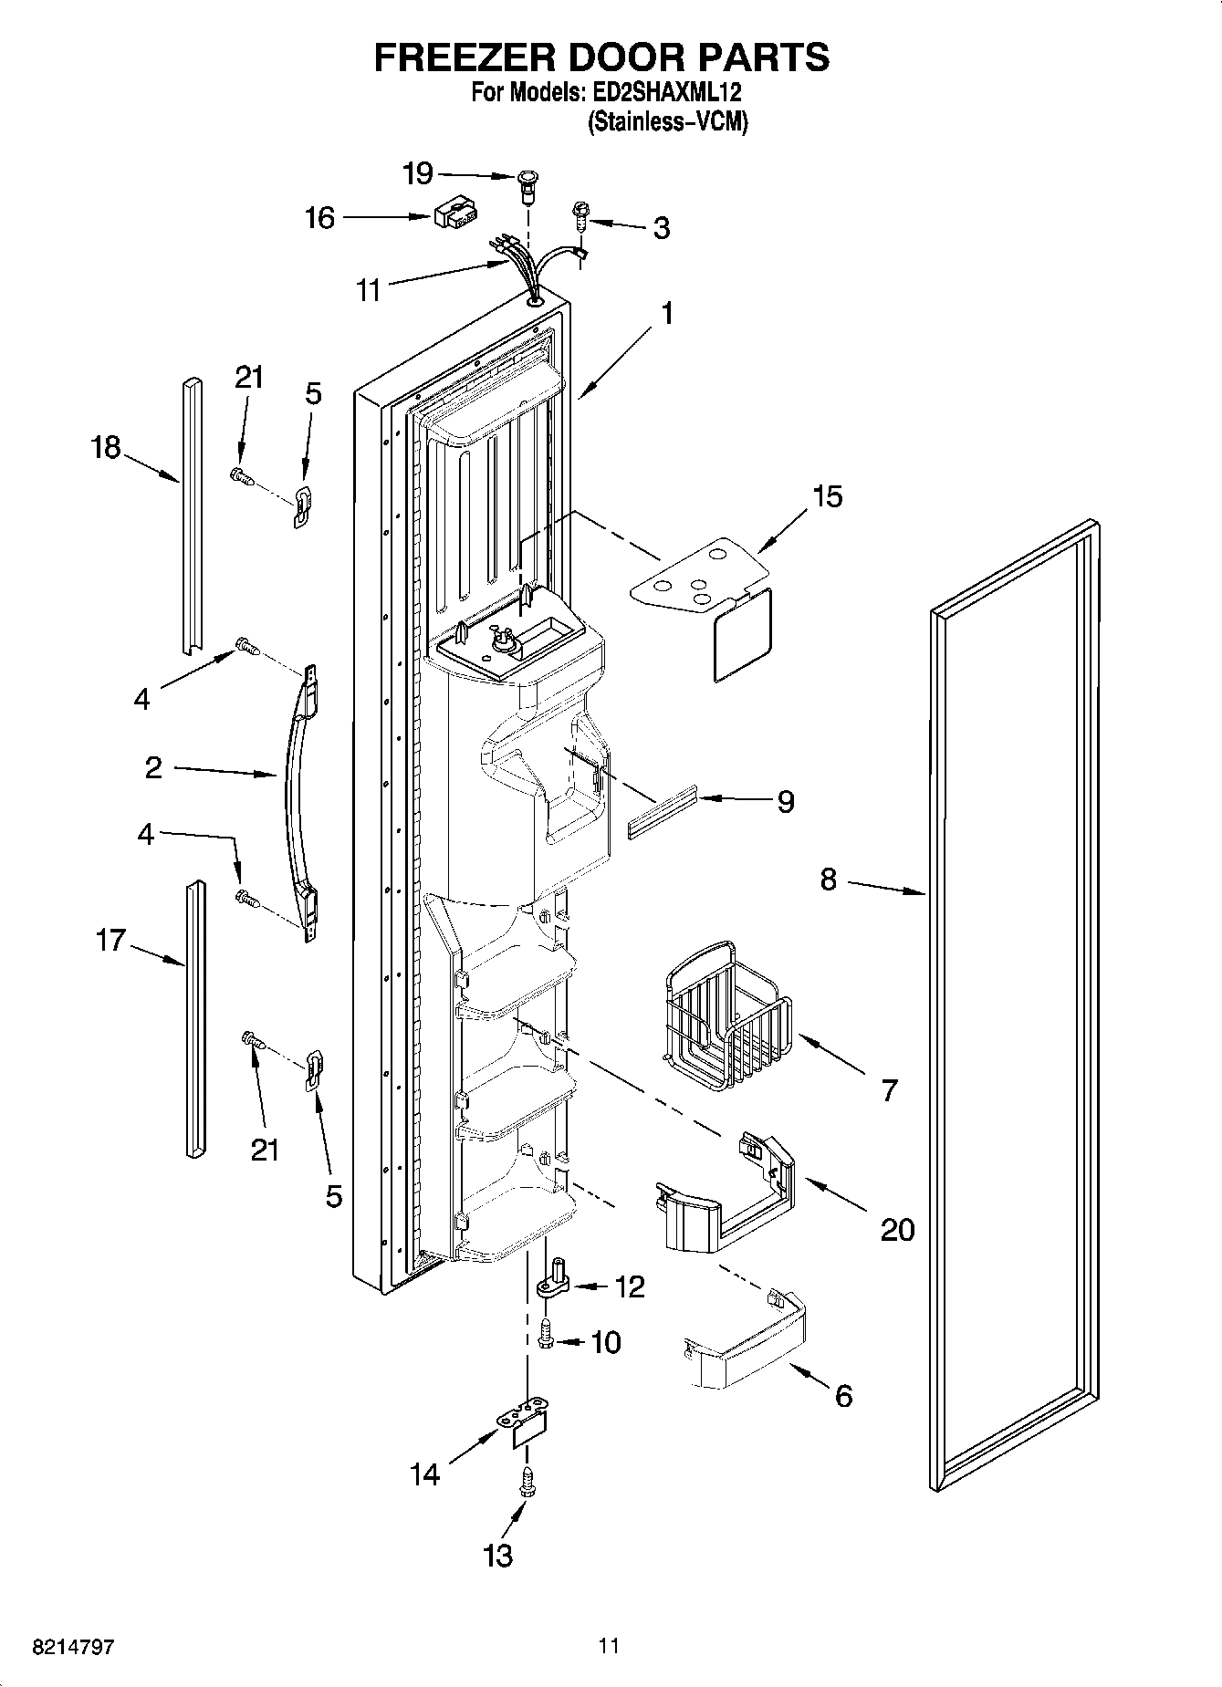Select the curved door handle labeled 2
pos(298,794)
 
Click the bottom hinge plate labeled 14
pos(527,1432)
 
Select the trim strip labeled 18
pos(191,515)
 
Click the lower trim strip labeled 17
pos(194,1017)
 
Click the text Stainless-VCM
pos(667,120)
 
